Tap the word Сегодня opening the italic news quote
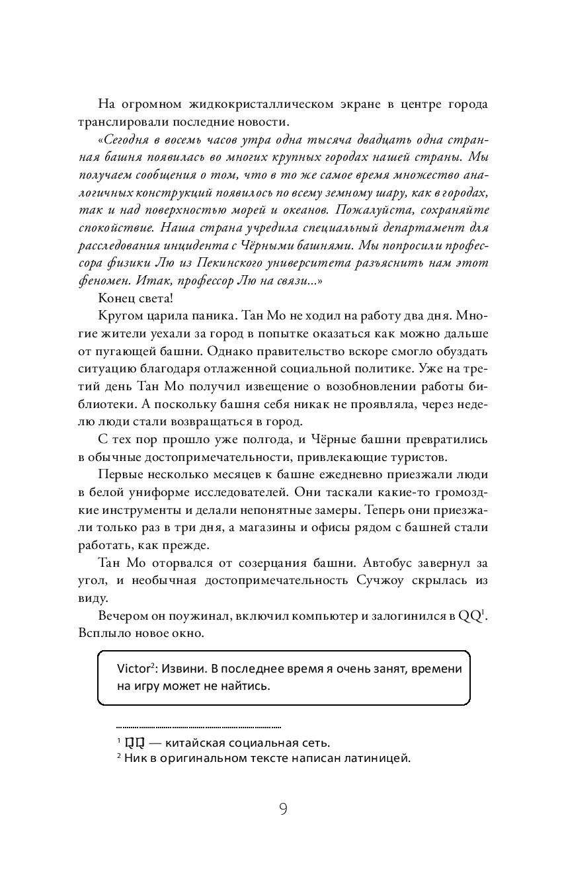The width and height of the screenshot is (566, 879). coord(129,142)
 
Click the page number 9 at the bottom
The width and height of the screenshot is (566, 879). coord(283,810)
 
